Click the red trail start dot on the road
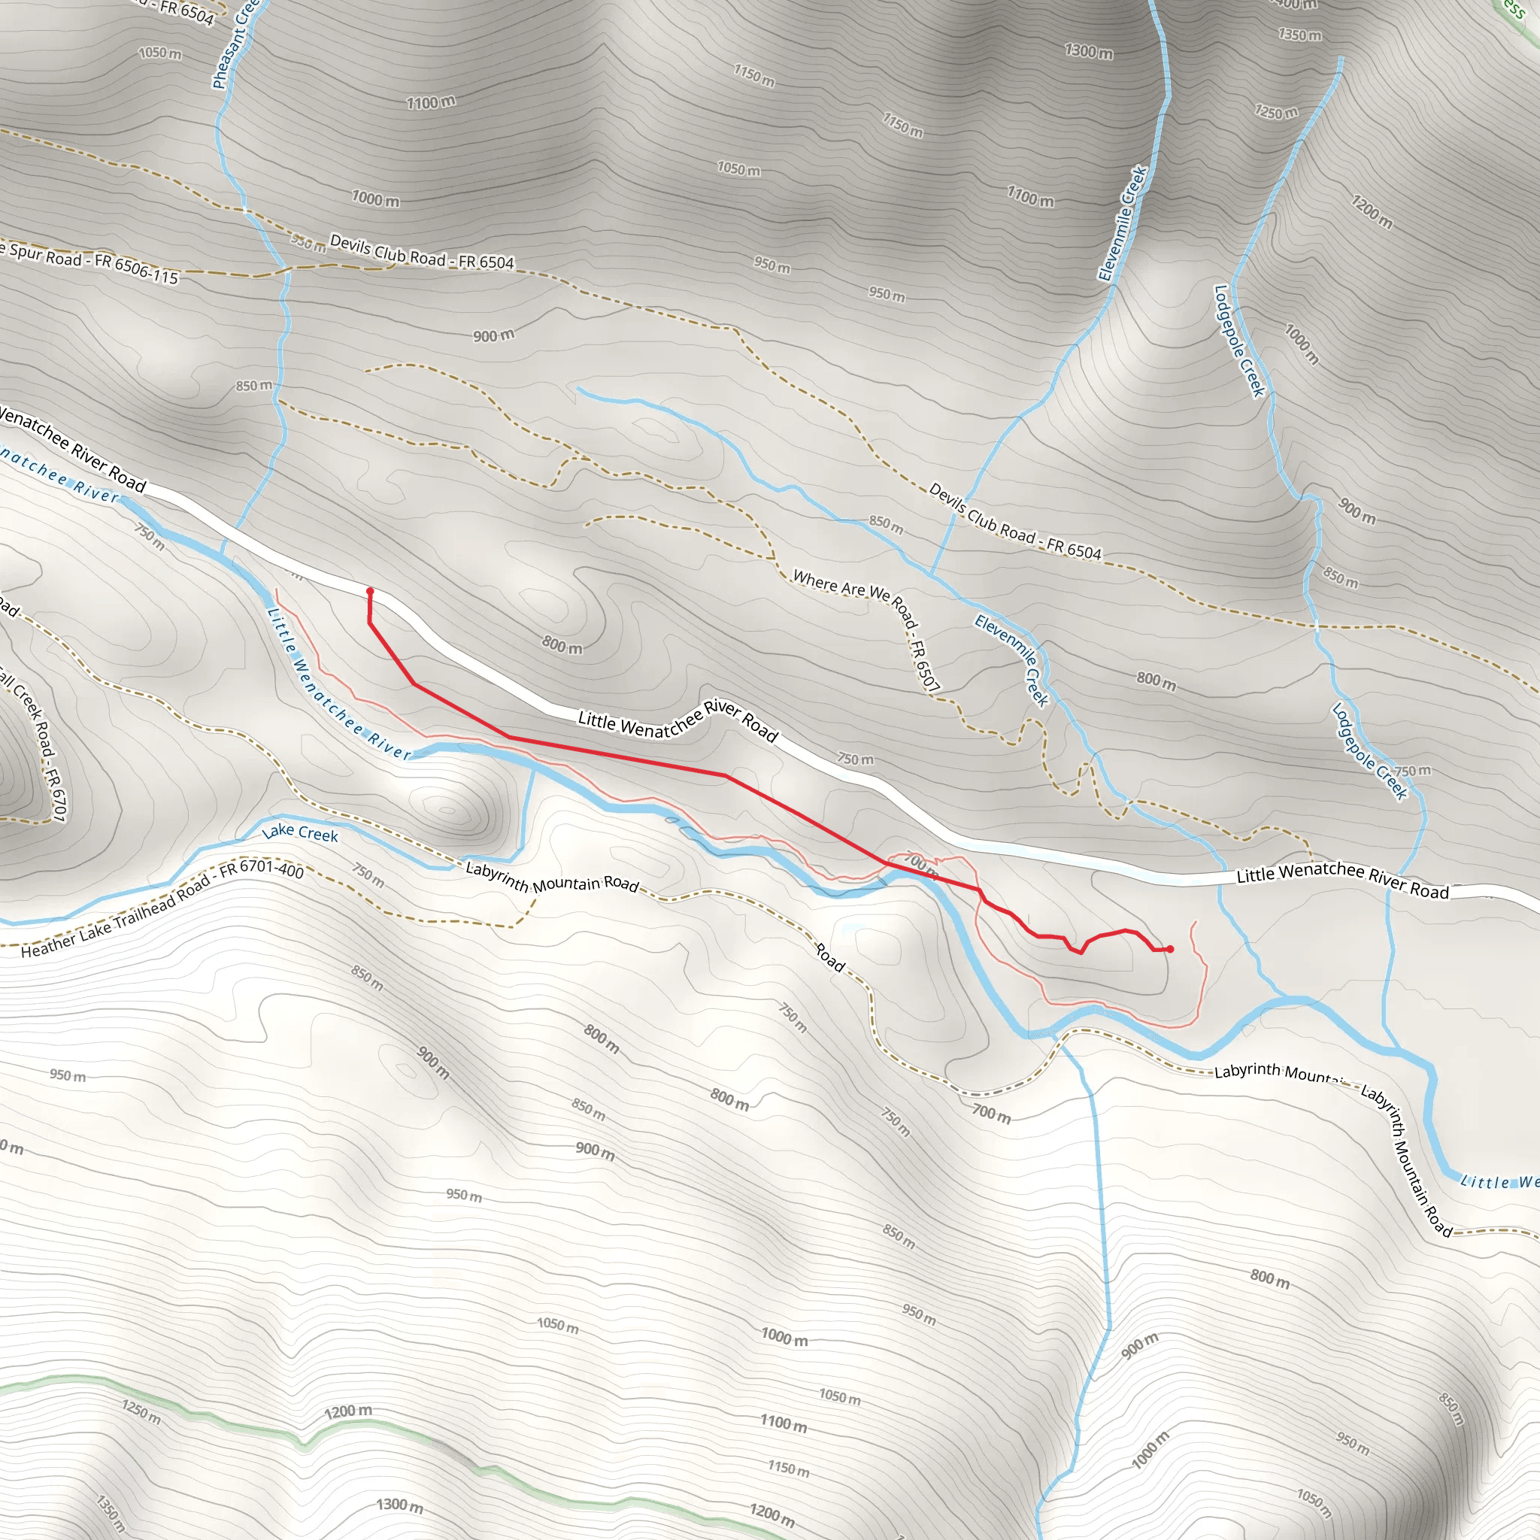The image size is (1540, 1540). tap(370, 590)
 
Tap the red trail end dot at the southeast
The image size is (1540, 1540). tap(1169, 948)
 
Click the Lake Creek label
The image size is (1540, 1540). tap(300, 833)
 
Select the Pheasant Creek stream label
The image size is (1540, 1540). tap(236, 44)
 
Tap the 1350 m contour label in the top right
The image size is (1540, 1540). tap(1299, 35)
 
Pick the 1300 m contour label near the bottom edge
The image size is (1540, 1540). tap(399, 1504)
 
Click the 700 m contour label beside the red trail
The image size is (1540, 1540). tap(919, 862)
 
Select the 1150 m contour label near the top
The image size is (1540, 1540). tap(754, 76)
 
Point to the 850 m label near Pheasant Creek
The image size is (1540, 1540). tap(253, 386)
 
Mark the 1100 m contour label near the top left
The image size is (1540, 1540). tap(431, 103)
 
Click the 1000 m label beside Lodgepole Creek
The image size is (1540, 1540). tap(1302, 344)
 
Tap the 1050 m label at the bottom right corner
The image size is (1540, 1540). tap(1314, 1502)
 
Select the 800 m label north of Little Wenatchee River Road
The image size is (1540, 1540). tap(562, 645)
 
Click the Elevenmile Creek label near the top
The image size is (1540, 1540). tap(1123, 224)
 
